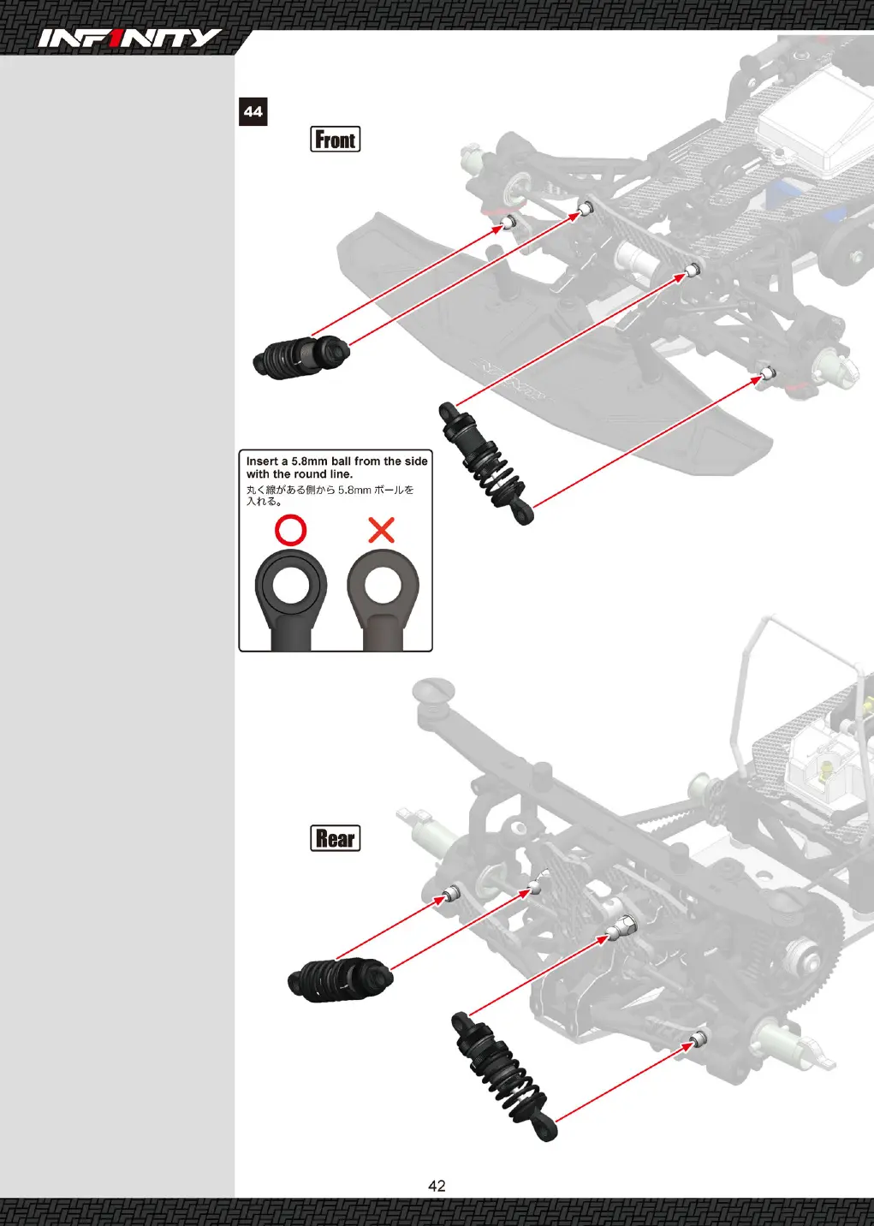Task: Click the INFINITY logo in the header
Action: tap(129, 39)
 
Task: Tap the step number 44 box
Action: tap(253, 111)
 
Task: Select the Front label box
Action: tap(335, 139)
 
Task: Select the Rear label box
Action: tap(335, 838)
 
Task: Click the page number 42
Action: tap(437, 1186)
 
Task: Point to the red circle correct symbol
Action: tap(290, 530)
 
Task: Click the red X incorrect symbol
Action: tap(382, 530)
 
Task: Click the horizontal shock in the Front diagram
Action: tap(301, 356)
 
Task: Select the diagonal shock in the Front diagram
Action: tap(486, 463)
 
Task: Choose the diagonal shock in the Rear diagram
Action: tap(504, 1076)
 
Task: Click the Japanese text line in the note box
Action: tap(330, 496)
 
